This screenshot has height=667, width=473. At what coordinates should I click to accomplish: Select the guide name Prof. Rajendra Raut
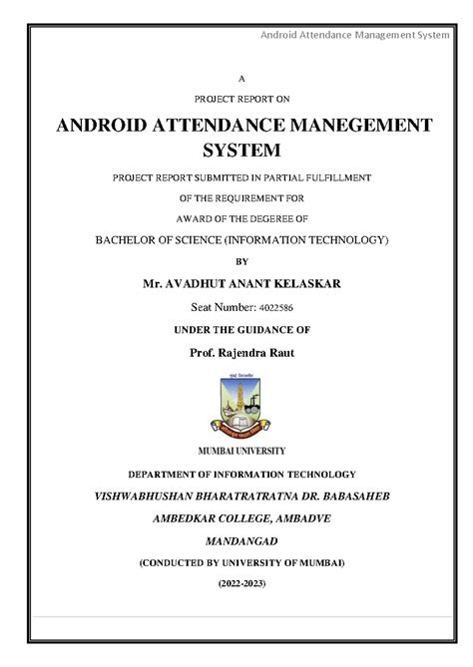click(x=236, y=353)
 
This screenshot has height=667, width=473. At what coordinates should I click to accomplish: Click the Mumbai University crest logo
click(x=236, y=404)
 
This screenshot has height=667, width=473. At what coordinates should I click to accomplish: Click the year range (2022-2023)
click(x=236, y=584)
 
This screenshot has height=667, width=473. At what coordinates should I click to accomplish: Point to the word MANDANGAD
click(x=236, y=540)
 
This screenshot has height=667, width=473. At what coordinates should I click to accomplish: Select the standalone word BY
click(x=236, y=262)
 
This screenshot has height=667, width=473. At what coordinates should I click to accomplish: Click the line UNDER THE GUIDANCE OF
click(x=236, y=330)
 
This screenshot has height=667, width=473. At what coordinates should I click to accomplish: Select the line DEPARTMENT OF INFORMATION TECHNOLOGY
click(x=236, y=475)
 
